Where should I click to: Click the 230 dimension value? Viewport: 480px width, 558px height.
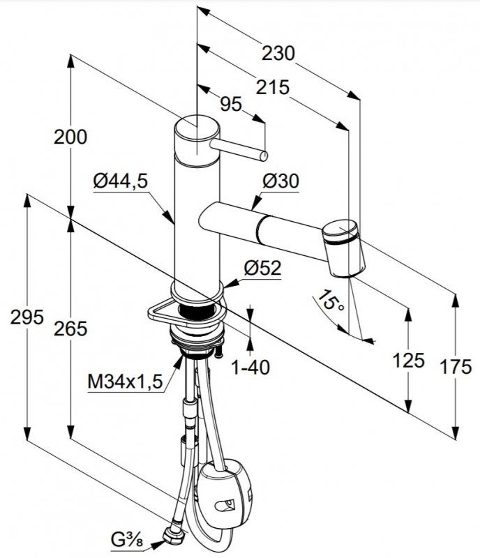tap(278, 54)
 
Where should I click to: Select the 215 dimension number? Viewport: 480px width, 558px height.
tap(272, 87)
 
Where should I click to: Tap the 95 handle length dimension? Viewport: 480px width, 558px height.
tap(231, 104)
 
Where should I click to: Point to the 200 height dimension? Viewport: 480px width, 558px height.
tap(70, 137)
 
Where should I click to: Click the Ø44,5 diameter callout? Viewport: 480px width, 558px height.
tap(120, 181)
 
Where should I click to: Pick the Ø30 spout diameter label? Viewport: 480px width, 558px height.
tap(280, 181)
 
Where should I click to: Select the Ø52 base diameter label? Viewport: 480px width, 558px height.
tap(262, 268)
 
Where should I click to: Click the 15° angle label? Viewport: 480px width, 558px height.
tap(329, 301)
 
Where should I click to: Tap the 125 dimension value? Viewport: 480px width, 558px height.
tap(408, 360)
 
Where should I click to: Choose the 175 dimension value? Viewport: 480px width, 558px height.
tap(456, 367)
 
